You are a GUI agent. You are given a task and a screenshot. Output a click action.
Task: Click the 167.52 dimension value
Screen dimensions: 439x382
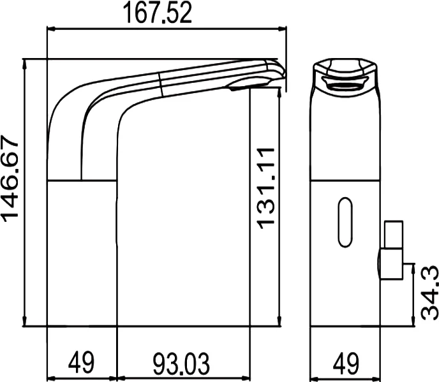(158, 13)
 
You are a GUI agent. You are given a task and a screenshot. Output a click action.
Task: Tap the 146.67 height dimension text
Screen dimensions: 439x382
(11, 179)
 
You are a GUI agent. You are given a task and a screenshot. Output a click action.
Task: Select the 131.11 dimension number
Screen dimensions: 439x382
(265, 188)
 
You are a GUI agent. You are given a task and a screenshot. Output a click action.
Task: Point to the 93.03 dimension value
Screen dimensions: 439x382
(181, 364)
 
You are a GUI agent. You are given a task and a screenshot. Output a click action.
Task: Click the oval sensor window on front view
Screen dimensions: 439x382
(345, 222)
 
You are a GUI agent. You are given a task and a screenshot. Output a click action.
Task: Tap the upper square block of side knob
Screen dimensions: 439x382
(394, 235)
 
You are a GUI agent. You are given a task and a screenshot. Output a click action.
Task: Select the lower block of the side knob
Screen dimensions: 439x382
(391, 264)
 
